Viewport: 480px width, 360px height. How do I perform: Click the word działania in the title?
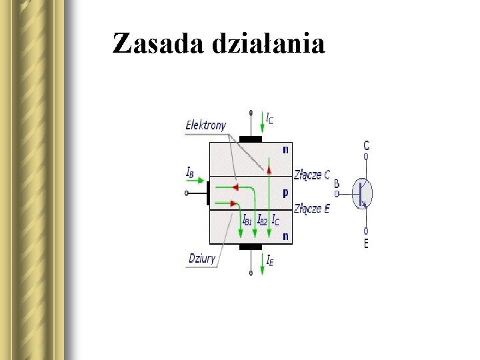[269, 44]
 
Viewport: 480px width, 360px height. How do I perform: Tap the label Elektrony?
[206, 125]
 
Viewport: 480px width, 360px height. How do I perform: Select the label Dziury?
[202, 259]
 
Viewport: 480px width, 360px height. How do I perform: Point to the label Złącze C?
[312, 175]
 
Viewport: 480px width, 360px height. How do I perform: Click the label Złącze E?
[312, 209]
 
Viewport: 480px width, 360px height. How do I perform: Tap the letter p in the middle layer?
[285, 192]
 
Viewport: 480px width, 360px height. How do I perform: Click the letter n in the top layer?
[285, 149]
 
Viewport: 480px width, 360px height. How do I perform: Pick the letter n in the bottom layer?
[285, 235]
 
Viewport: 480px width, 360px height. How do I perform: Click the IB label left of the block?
[190, 172]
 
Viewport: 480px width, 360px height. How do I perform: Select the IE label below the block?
[269, 261]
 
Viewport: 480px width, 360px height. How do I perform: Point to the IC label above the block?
[269, 119]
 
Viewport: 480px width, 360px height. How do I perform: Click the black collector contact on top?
[251, 139]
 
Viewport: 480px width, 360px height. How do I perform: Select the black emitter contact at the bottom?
[251, 247]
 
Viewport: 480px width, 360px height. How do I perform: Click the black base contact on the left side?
[208, 193]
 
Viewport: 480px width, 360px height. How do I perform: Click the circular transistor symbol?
[362, 193]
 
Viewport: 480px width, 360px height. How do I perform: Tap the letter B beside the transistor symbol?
[337, 184]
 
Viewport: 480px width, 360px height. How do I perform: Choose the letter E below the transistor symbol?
[366, 243]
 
